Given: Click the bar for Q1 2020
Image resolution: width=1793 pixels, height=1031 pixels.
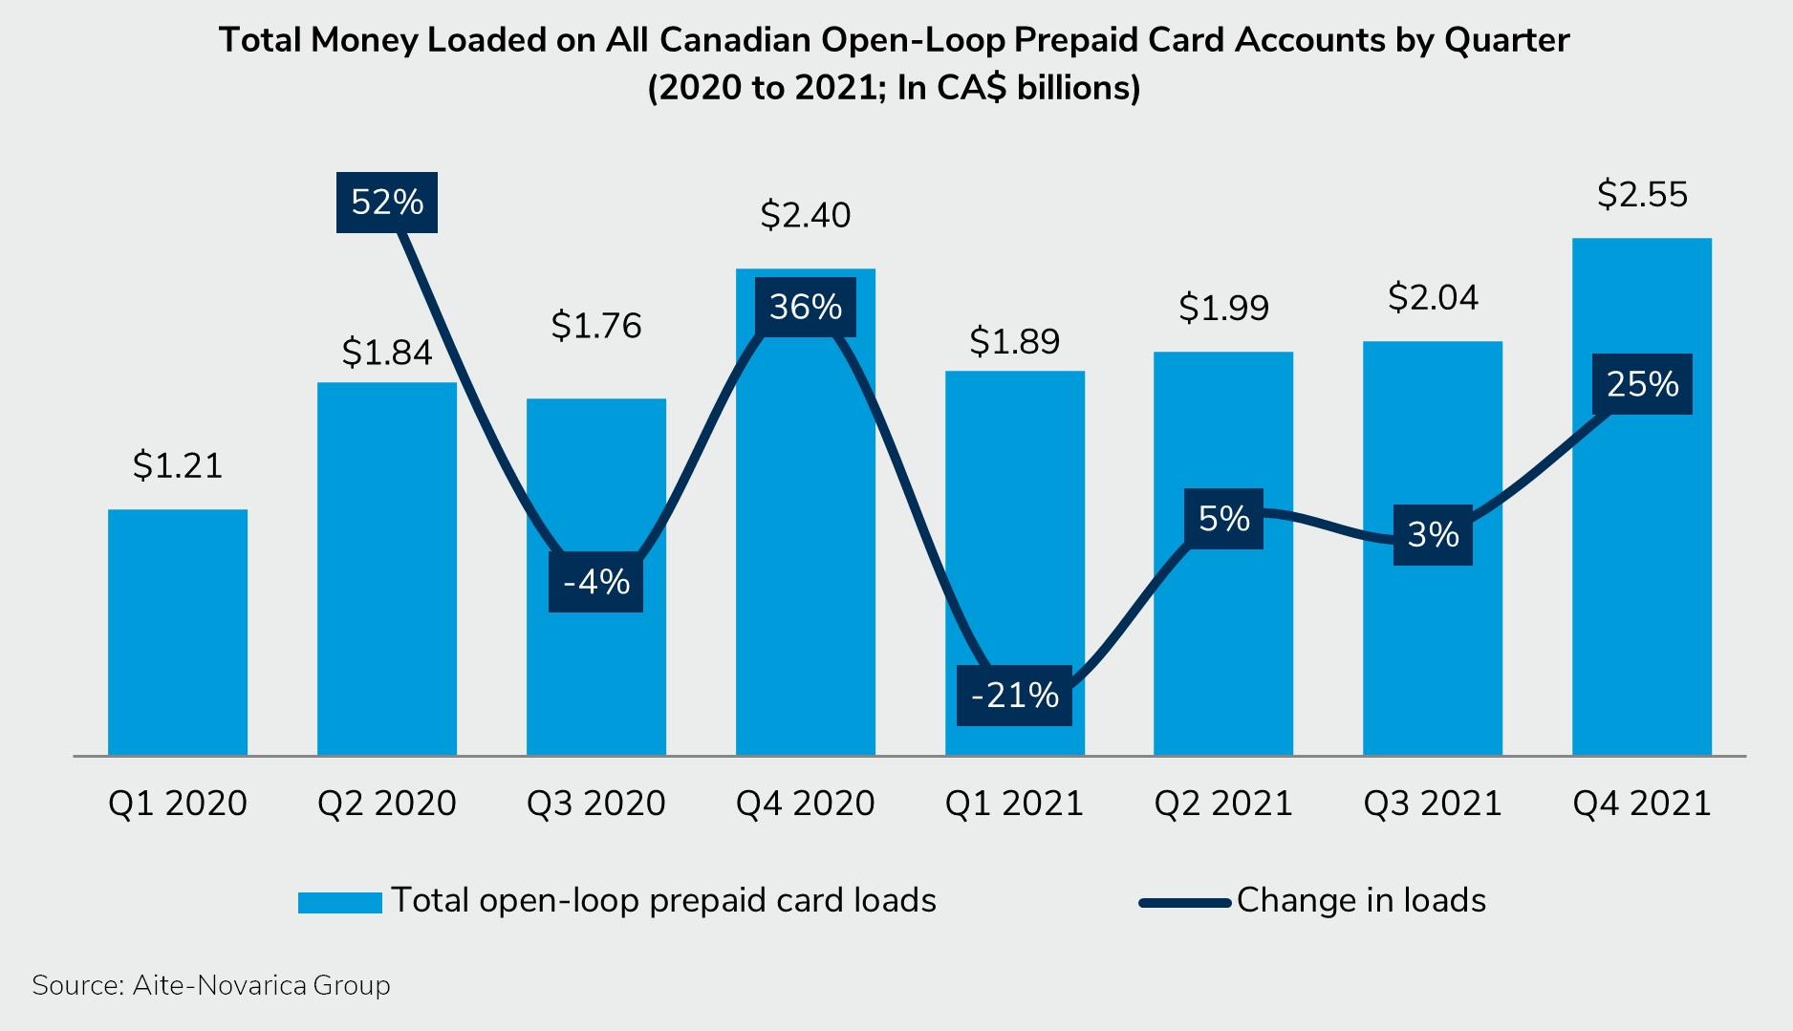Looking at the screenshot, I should click(x=178, y=633).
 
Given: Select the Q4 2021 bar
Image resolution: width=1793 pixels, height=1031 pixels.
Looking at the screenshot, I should click(x=1641, y=573).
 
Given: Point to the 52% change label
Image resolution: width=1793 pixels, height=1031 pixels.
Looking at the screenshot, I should click(x=387, y=203).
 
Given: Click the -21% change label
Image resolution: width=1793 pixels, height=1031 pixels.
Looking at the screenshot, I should click(x=1014, y=696).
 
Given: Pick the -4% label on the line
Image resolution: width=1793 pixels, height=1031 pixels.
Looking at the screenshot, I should click(x=595, y=582).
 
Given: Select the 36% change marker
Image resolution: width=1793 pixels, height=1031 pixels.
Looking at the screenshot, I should click(x=805, y=308).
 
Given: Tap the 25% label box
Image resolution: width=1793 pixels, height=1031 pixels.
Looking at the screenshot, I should click(x=1642, y=384).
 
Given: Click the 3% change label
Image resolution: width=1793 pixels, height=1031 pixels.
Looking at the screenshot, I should click(x=1433, y=535).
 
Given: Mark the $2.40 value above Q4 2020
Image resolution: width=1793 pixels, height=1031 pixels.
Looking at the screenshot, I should click(x=805, y=216).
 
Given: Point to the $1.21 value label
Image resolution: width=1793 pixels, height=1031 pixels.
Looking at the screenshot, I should click(x=178, y=466).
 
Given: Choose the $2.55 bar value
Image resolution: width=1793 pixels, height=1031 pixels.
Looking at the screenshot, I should click(x=1642, y=195).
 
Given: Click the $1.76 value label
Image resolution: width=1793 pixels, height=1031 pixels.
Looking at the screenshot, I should click(x=596, y=327).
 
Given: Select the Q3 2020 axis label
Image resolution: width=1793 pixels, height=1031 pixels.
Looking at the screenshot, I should click(x=596, y=804).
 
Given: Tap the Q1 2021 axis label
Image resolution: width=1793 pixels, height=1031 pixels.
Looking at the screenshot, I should click(x=1014, y=804).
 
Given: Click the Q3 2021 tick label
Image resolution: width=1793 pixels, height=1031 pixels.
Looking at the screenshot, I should click(x=1433, y=804).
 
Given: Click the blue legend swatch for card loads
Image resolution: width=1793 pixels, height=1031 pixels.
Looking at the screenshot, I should click(x=340, y=902).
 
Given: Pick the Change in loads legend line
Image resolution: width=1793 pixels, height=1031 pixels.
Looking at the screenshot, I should click(x=1184, y=902).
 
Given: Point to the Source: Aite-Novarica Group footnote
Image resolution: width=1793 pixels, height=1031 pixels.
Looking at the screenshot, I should click(x=211, y=985).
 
